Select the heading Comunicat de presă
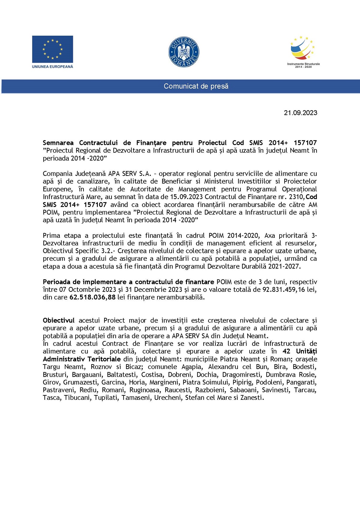click(196, 86)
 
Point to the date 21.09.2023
click(300, 113)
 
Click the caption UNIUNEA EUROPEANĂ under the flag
click(52, 67)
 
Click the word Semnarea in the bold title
click(58, 143)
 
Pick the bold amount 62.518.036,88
click(92, 298)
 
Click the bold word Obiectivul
click(58, 321)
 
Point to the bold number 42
click(286, 352)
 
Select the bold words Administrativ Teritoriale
click(82, 359)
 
